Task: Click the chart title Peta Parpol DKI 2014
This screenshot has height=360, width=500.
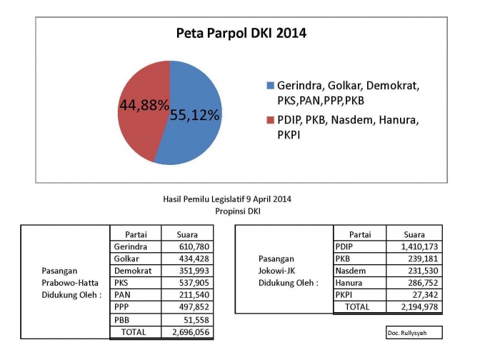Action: (x=241, y=34)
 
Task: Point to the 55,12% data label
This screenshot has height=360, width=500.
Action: (x=194, y=114)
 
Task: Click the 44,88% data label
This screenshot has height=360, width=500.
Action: (x=144, y=104)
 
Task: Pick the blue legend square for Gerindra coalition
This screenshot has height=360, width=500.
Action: (x=270, y=85)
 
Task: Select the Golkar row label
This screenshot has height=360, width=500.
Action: (x=126, y=259)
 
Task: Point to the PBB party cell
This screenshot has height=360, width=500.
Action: (x=123, y=319)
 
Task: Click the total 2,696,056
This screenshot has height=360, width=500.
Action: (x=189, y=332)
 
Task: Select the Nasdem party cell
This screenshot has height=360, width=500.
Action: (x=350, y=271)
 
